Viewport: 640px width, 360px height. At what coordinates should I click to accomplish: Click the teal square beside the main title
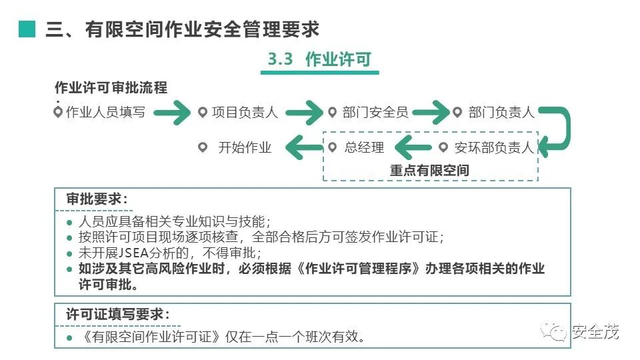pyautogui.click(x=27, y=29)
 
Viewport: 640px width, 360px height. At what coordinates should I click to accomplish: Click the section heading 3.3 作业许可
pyautogui.click(x=319, y=59)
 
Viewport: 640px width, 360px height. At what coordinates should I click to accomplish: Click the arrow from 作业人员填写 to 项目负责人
pyautogui.click(x=172, y=113)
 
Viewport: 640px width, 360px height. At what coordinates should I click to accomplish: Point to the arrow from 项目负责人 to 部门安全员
pyautogui.click(x=304, y=113)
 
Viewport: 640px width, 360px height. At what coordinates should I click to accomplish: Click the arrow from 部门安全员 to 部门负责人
pyautogui.click(x=431, y=113)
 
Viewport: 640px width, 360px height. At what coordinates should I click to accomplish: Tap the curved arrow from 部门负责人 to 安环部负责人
pyautogui.click(x=559, y=131)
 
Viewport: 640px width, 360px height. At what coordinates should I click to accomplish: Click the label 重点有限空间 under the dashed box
pyautogui.click(x=429, y=171)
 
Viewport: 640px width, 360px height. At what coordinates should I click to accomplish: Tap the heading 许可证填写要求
pyautogui.click(x=117, y=313)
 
